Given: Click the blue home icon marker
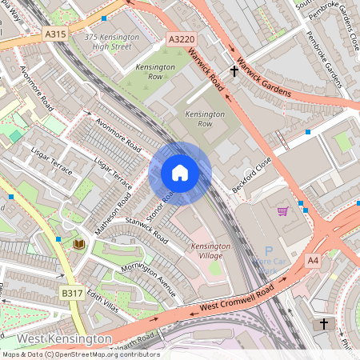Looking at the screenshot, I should point(180,173).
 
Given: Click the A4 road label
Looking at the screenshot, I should point(312,260).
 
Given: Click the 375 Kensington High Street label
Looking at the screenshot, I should point(111,42).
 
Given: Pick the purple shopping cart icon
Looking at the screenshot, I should point(282,212).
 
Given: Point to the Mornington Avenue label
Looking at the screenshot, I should point(148,279).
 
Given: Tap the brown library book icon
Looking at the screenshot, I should point(79,242).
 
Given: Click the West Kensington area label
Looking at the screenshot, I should point(64,339).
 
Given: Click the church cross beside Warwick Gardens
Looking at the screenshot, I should point(234,71).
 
